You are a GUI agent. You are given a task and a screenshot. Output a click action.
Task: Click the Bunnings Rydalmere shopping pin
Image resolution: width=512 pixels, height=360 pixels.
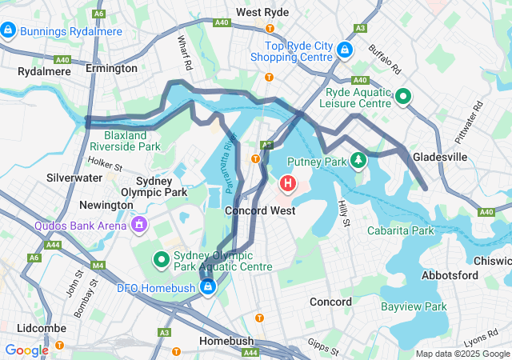click(x=8, y=30)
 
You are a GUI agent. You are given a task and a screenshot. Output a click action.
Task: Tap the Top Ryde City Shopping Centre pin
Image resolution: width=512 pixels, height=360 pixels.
click(x=345, y=50)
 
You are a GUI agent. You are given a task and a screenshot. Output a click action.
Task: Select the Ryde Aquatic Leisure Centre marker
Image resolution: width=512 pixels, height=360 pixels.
click(x=403, y=98)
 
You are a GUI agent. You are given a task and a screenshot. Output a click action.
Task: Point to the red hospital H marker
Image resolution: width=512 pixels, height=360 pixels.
click(x=287, y=185)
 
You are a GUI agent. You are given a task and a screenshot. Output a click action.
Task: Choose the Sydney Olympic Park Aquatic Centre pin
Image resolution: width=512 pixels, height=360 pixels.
click(x=161, y=259)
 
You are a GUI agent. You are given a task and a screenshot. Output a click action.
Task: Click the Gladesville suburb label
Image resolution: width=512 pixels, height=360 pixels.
click(x=439, y=157)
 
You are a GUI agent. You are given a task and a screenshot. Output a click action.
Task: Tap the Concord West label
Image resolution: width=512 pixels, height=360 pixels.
click(x=260, y=210)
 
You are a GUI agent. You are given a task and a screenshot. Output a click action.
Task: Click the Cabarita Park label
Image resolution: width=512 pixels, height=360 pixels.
click(x=400, y=230)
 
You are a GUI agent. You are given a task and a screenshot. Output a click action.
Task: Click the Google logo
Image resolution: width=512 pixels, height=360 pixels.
click(x=26, y=350)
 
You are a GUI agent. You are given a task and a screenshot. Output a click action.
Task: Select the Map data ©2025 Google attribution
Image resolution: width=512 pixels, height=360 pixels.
click(x=462, y=354)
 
